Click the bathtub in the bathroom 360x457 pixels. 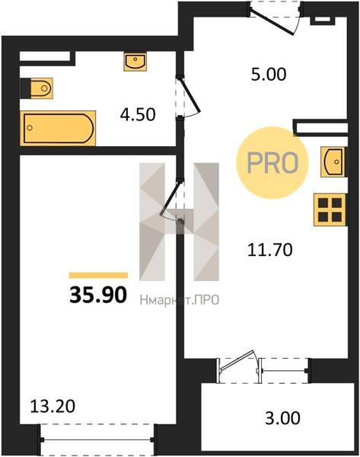pos(58,128)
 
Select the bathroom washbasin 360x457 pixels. pos(135,62)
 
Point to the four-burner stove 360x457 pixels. pos(330,209)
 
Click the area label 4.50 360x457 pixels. pos(138,114)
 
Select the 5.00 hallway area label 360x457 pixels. pos(269,74)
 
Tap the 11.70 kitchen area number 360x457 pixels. pos(269,250)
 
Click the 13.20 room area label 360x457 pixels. pos(53,406)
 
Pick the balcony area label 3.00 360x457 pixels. pos(282,417)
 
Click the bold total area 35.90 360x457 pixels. pos(98,295)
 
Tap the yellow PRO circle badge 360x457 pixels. pos(272,163)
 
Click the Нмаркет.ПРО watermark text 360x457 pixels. pos(180,299)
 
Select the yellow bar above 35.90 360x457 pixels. pos(98,276)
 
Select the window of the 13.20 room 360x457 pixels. pos(97,439)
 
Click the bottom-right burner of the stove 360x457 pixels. pos(336,216)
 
